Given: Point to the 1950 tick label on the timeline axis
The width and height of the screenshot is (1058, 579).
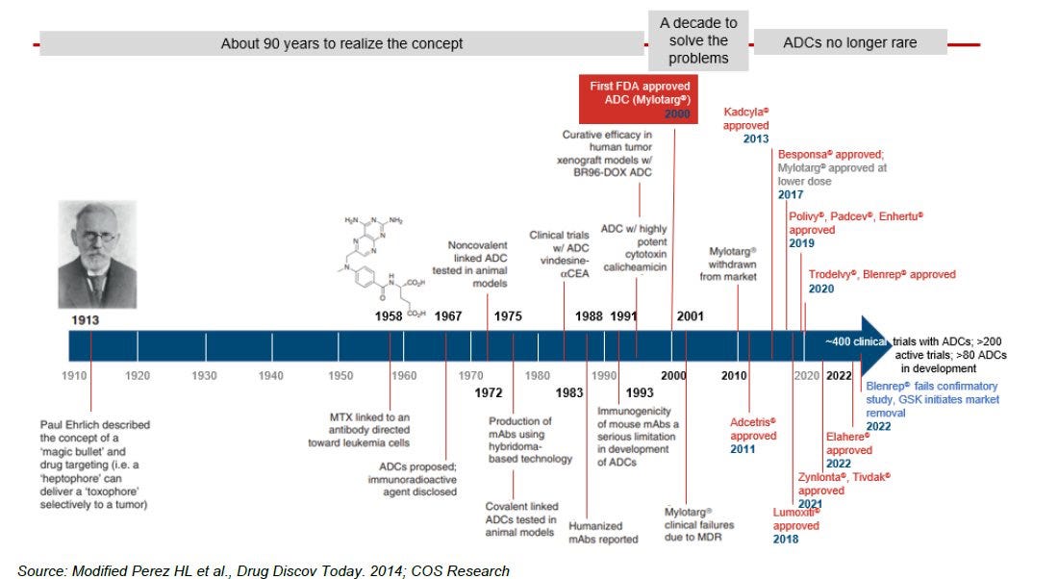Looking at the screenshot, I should pyautogui.click(x=340, y=375).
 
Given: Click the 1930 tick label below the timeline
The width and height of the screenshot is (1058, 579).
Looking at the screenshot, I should pyautogui.click(x=204, y=375).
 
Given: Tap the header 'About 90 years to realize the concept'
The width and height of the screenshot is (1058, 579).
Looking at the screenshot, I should pyautogui.click(x=341, y=43).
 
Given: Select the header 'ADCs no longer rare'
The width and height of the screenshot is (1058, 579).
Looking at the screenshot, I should pyautogui.click(x=849, y=42).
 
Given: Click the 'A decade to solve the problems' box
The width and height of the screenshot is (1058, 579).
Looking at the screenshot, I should pyautogui.click(x=698, y=40).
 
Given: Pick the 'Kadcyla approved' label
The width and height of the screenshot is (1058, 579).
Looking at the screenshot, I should pyautogui.click(x=747, y=118).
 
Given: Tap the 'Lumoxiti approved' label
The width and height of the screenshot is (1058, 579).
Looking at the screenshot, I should pyautogui.click(x=797, y=519).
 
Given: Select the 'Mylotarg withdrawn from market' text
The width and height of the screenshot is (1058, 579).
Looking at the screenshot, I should pyautogui.click(x=733, y=263).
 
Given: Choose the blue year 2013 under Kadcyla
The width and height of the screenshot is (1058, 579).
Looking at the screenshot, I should pyautogui.click(x=756, y=139).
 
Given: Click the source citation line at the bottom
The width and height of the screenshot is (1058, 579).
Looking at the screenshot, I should pyautogui.click(x=264, y=570).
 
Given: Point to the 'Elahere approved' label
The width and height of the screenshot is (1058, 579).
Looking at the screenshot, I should pyautogui.click(x=849, y=443).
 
